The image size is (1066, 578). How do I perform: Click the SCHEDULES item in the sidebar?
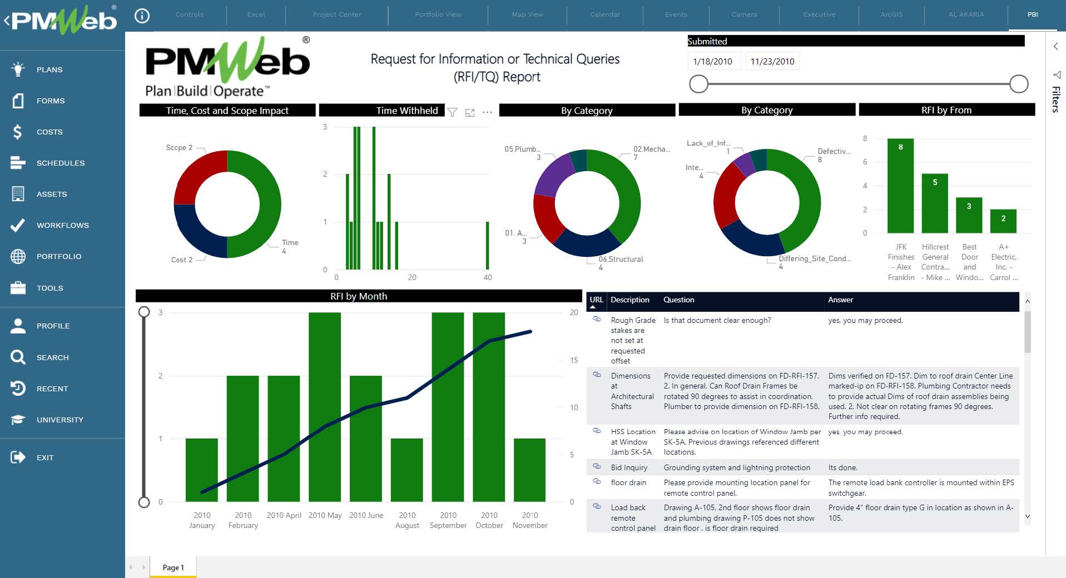point(60,163)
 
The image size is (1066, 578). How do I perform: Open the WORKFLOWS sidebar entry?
point(62,225)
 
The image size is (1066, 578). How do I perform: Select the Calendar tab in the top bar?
point(604,14)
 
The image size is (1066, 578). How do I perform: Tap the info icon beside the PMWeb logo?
point(142,16)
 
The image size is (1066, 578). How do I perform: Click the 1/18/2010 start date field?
point(713,61)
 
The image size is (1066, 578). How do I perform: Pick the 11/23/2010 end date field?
point(772,61)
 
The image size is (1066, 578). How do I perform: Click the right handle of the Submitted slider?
point(1018,84)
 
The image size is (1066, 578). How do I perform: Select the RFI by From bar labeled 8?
point(900,186)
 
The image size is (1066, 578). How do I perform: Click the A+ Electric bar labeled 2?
point(1003,221)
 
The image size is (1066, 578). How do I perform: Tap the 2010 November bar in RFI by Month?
point(529,470)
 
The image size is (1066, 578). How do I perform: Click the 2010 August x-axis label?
point(407,520)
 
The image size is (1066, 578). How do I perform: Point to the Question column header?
point(678,300)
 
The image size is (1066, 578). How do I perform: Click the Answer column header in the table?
point(840,300)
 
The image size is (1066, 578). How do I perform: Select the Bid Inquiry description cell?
point(629,467)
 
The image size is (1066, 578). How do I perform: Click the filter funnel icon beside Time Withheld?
point(453,112)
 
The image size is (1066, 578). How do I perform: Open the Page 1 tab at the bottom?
point(173,567)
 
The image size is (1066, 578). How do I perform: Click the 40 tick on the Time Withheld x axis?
point(488,277)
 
